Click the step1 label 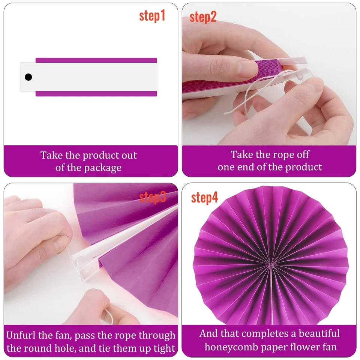[x=152, y=16]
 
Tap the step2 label [x=203, y=17]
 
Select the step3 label [x=152, y=197]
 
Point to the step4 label [x=204, y=198]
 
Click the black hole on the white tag [x=28, y=77]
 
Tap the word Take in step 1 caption [x=50, y=155]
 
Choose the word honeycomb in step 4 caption [x=233, y=347]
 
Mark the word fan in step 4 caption [x=329, y=347]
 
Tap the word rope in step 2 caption [x=277, y=154]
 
